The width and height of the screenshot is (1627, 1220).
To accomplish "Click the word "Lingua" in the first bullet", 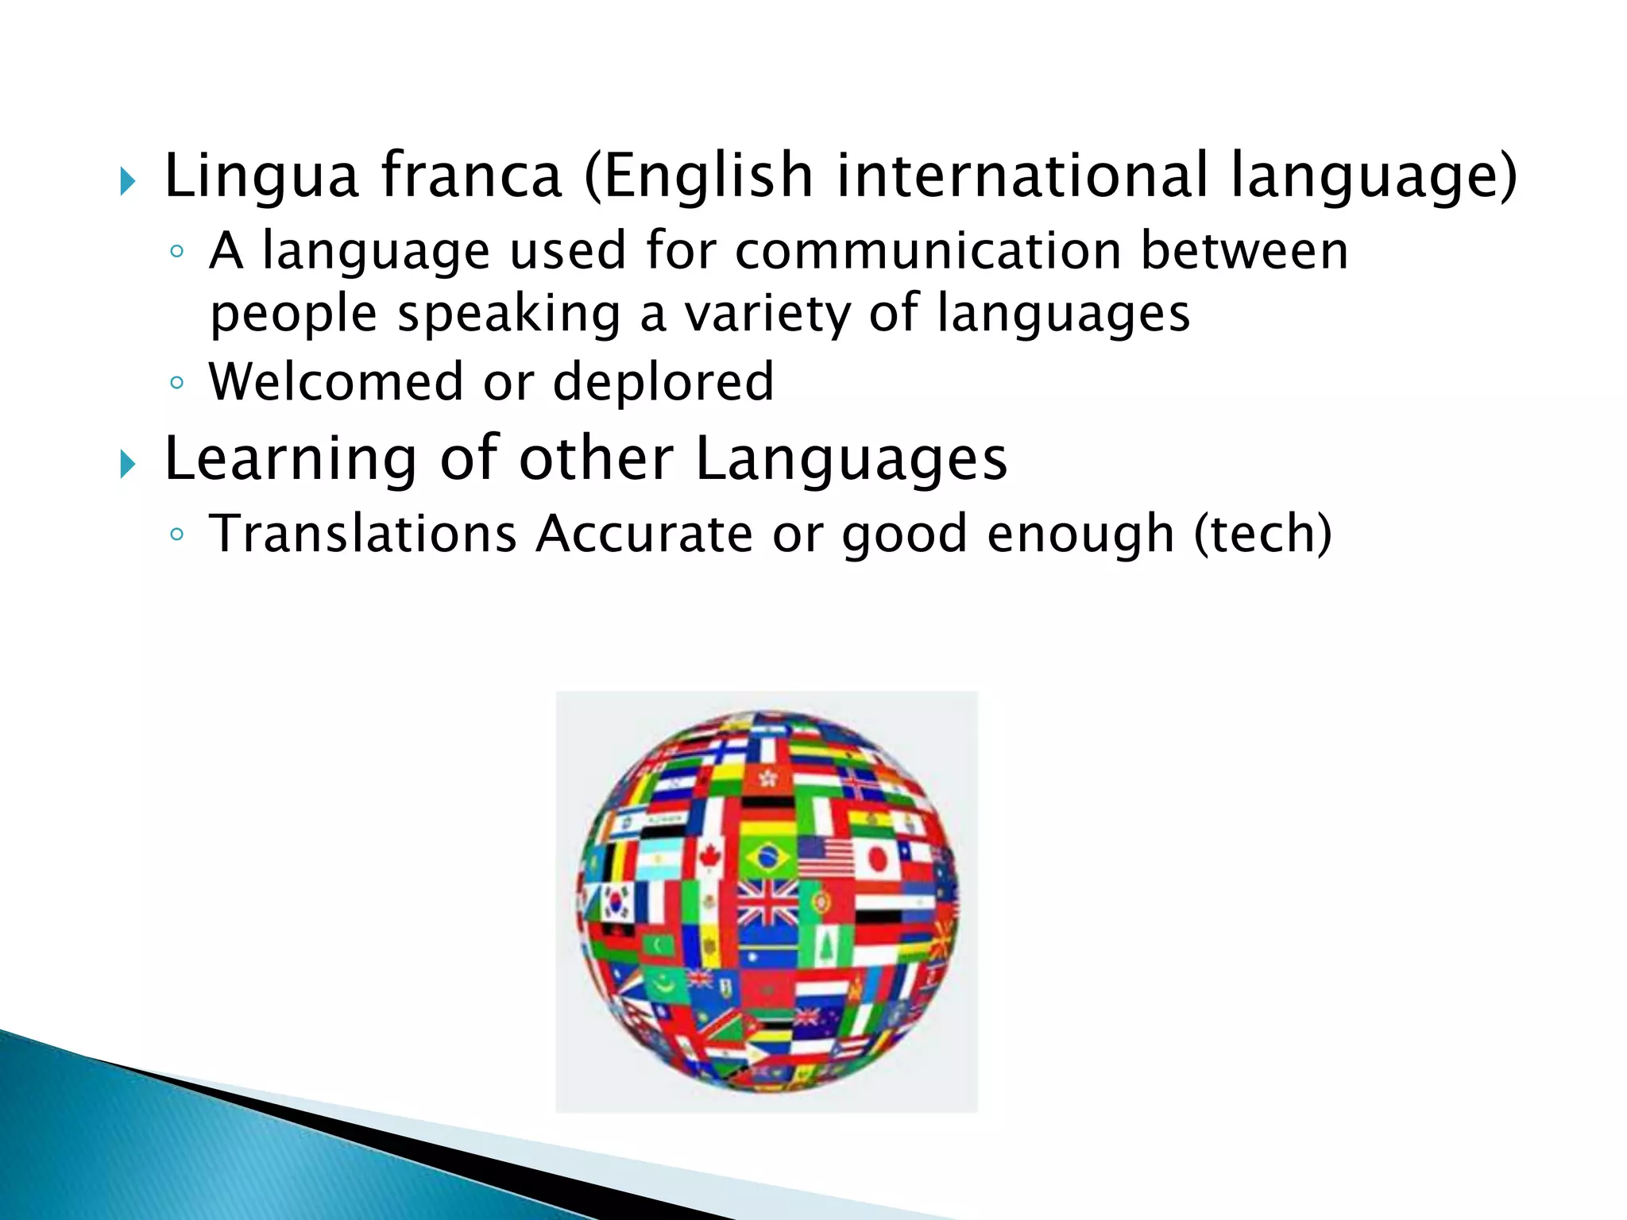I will [261, 176].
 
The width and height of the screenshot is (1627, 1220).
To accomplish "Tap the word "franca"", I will [472, 176].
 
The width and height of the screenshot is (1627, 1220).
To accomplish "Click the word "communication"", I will [928, 251].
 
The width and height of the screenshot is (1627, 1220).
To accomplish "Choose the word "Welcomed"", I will [336, 381].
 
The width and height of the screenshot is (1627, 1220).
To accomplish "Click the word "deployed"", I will [663, 381].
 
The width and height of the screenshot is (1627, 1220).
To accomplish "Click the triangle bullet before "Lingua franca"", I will [128, 182].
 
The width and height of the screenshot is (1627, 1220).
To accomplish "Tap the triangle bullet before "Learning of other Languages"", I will [128, 465].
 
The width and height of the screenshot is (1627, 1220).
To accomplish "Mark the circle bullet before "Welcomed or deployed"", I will [177, 383].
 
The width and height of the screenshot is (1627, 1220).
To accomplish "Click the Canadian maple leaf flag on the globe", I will [709, 858].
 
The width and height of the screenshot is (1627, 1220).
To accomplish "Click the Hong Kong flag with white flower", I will [767, 778].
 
